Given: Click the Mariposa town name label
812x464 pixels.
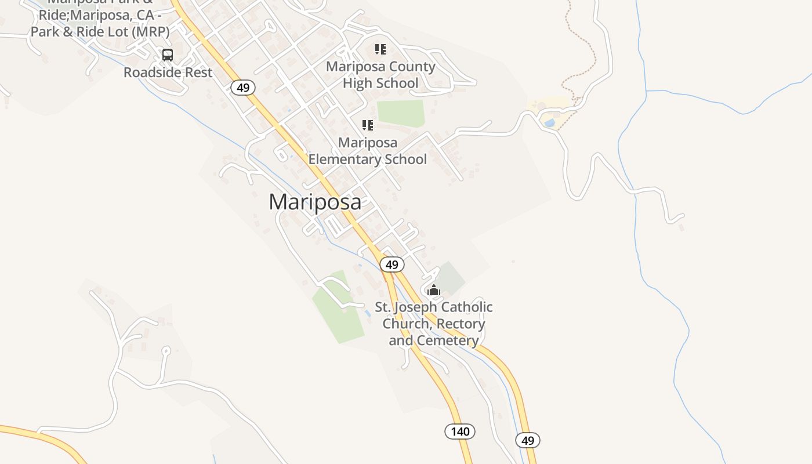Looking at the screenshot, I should click(x=315, y=202).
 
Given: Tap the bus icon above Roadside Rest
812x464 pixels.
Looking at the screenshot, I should click(x=168, y=55).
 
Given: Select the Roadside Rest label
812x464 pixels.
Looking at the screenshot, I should click(x=168, y=72).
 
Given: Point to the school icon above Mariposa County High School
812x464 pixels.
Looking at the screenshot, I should click(x=380, y=49).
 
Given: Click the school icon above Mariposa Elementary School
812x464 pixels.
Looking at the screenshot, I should click(x=367, y=125).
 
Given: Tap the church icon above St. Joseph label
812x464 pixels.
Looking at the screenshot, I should click(x=434, y=290).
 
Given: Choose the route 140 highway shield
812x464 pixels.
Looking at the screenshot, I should click(x=460, y=432).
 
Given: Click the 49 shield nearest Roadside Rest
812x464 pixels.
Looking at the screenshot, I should click(x=243, y=88).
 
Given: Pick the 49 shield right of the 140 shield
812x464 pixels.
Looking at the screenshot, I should click(x=527, y=440).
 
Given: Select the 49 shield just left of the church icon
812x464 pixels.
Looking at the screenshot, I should click(x=392, y=264).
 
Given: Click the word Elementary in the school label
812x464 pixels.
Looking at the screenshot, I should click(x=368, y=159).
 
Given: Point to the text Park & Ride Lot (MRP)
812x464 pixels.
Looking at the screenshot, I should click(x=100, y=31).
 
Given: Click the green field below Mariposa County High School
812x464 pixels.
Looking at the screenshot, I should click(x=401, y=113).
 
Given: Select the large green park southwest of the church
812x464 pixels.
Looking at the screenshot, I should click(x=338, y=307).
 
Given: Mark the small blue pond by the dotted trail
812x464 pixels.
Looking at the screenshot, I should click(x=549, y=123).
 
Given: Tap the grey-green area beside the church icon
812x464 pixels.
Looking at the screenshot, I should click(x=452, y=277).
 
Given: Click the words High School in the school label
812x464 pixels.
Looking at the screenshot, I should click(x=380, y=84).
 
